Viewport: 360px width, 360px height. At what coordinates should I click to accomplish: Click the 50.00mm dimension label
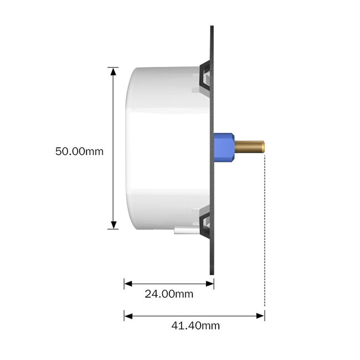tap(79, 151)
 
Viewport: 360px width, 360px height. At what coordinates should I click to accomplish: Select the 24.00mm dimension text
tap(169, 294)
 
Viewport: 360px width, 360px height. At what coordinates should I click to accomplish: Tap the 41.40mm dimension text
tap(194, 326)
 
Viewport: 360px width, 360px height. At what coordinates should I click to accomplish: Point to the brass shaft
tap(249, 147)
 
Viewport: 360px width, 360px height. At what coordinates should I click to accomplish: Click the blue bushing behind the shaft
tap(224, 147)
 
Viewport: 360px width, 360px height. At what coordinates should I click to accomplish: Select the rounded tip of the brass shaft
tap(263, 147)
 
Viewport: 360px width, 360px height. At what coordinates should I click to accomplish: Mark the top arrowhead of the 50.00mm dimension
tap(114, 71)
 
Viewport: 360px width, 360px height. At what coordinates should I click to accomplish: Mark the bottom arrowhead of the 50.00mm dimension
tap(114, 224)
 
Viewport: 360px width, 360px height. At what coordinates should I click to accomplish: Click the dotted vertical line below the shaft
tap(265, 233)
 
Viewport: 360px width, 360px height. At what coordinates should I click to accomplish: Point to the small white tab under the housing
tap(183, 230)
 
